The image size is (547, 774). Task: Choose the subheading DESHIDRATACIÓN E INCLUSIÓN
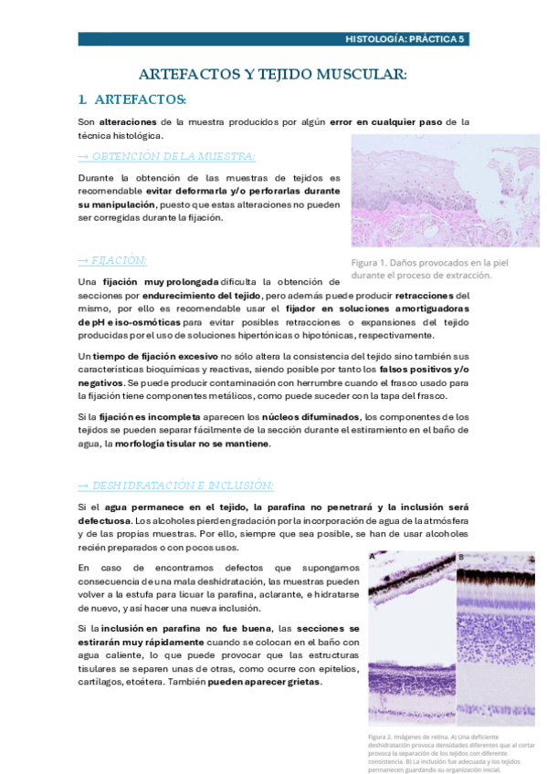pyautogui.click(x=175, y=485)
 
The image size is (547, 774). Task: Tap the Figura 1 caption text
pyautogui.click(x=422, y=268)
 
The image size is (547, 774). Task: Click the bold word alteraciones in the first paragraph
pyautogui.click(x=127, y=121)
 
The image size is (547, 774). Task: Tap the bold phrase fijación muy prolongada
pyautogui.click(x=147, y=283)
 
